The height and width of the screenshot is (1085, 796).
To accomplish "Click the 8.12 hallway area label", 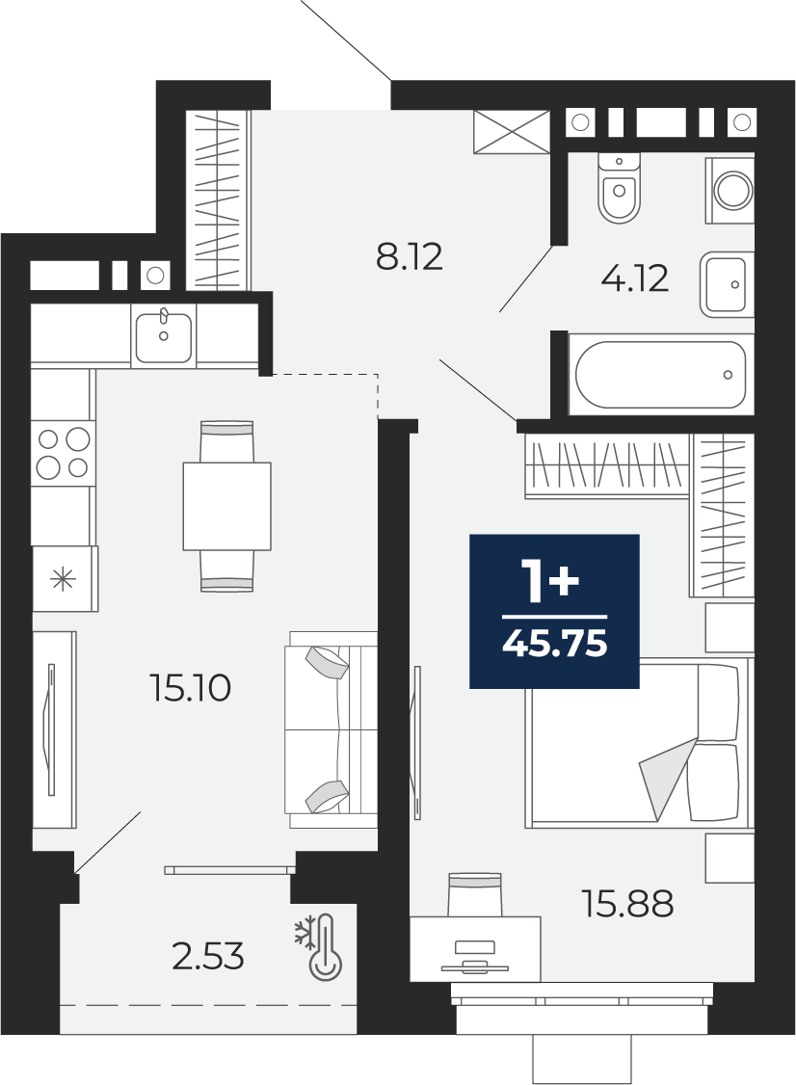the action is [409, 256].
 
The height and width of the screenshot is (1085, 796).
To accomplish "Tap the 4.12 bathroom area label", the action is [635, 278].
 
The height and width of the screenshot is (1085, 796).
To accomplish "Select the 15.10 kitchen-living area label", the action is [190, 689].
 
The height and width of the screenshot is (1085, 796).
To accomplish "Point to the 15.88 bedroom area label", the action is [628, 904].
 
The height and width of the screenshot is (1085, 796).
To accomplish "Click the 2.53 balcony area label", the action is [208, 958].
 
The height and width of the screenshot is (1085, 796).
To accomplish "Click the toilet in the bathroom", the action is [620, 188].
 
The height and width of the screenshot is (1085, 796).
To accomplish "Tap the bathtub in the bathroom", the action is [660, 374].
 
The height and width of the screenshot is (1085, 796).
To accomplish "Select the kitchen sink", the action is [164, 337].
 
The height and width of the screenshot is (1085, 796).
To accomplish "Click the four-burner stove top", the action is [64, 453].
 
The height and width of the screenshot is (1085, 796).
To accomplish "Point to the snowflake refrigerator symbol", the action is [65, 578].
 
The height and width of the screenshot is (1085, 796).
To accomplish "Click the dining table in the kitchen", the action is [227, 507].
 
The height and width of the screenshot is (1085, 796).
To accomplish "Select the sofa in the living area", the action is [331, 729].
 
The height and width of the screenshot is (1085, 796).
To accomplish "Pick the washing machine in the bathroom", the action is [730, 190].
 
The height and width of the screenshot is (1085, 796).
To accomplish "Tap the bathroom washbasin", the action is [726, 284].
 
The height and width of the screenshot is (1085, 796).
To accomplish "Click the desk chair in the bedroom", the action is [474, 894].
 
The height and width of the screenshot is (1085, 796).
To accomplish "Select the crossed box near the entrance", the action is [512, 131].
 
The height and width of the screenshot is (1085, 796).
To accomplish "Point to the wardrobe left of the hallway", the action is [219, 200].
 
